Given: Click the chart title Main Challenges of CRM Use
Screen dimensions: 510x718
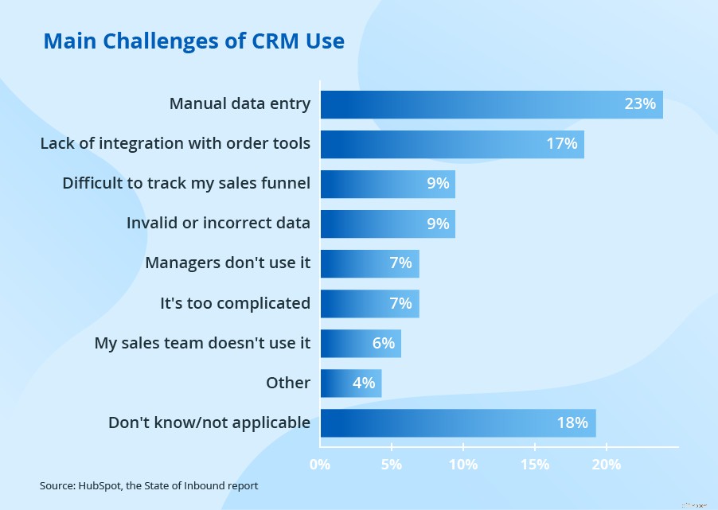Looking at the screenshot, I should (193, 41).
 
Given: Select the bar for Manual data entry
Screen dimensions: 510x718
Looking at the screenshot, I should (491, 104).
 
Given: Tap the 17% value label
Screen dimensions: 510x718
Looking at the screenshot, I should (561, 145).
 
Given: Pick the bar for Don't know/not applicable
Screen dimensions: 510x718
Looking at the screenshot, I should (458, 422).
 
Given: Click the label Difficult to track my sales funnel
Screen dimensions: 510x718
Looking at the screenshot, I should (186, 184).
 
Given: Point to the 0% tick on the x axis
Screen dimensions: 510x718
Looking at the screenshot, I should (320, 464).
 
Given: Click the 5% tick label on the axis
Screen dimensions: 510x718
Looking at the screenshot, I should (392, 464).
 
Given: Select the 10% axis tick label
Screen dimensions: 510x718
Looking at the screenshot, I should (463, 464).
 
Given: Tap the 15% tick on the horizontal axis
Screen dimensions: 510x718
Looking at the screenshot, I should (534, 464).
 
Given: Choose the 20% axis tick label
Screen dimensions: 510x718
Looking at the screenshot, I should (606, 464).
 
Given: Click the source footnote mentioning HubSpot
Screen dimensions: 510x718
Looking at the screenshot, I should (149, 485).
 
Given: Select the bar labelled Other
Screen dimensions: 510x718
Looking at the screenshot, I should (351, 383).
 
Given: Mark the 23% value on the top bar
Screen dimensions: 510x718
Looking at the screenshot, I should (640, 104).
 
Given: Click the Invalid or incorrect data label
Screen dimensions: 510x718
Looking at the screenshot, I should (218, 224).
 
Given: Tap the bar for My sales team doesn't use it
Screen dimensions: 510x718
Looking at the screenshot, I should (361, 343).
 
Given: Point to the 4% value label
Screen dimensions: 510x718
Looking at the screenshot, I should (363, 383).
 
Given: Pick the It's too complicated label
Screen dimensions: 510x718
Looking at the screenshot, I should (235, 303).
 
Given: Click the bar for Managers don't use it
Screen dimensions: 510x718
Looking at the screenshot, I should (369, 263).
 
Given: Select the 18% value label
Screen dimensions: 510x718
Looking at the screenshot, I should (572, 422).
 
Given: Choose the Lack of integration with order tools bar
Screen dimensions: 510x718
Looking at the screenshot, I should (452, 145).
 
